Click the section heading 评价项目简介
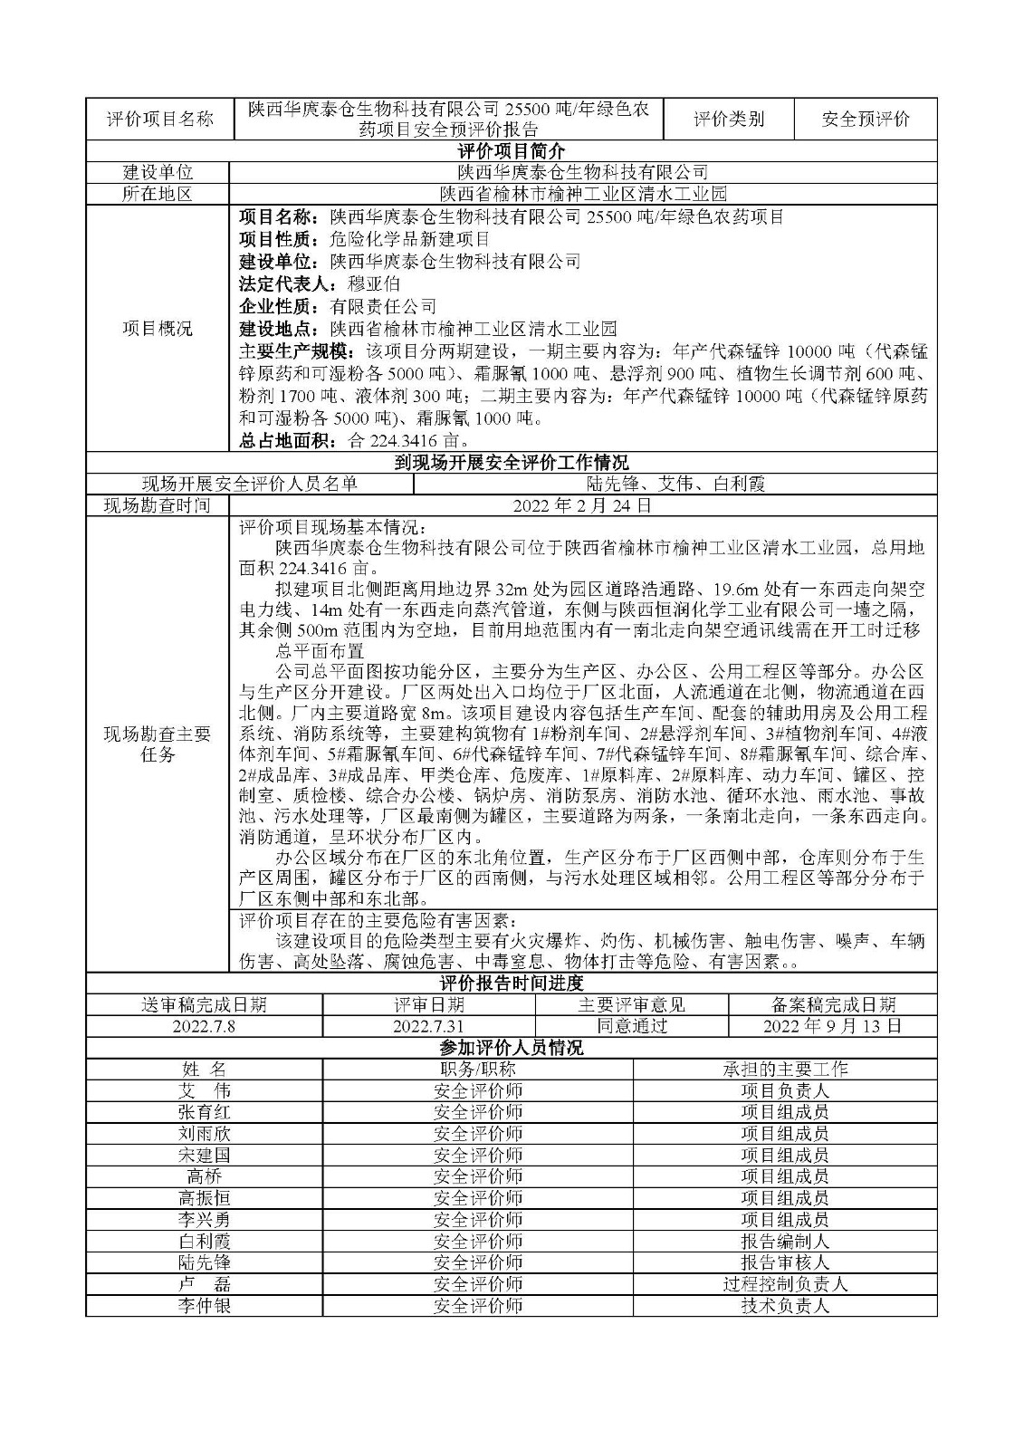(512, 150)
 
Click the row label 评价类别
(729, 119)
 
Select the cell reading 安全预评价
(866, 119)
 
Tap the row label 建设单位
(158, 172)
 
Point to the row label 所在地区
(158, 194)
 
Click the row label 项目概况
(158, 329)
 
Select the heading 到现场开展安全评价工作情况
(512, 463)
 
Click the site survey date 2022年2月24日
(583, 505)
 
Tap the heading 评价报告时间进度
(512, 983)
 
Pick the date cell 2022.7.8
(205, 1026)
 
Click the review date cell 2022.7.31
(428, 1026)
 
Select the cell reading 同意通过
(632, 1026)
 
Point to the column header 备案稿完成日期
(833, 1004)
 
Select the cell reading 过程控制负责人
(785, 1284)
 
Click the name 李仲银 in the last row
(205, 1306)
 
